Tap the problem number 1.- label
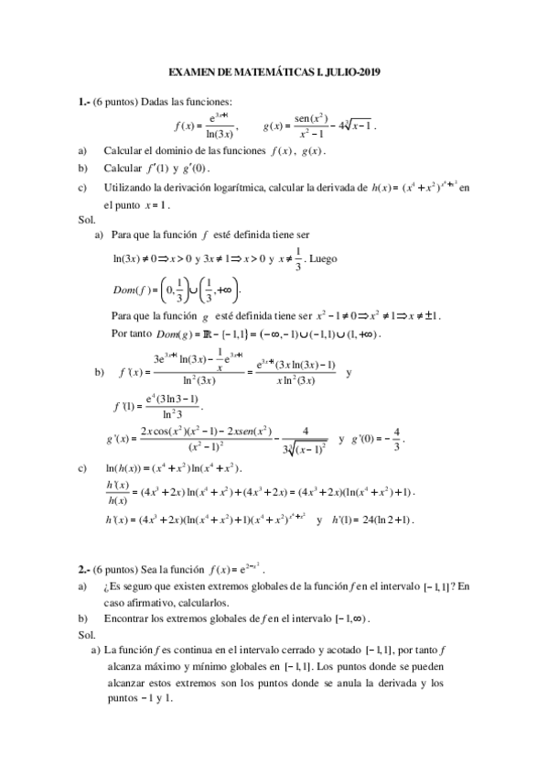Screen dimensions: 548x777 (x=83, y=101)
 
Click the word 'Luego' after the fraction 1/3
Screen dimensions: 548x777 (x=324, y=260)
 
